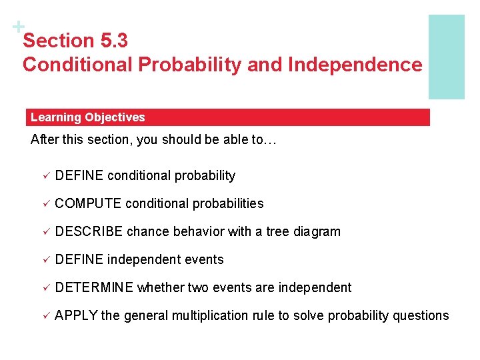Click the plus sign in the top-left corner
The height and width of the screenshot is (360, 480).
coord(15,27)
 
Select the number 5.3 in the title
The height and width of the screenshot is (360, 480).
coord(113,41)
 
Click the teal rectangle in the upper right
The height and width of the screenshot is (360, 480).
coord(446,57)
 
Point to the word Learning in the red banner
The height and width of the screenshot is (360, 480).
coord(55,117)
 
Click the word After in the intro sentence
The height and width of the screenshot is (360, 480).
coord(45,141)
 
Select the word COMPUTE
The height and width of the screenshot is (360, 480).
coord(88,203)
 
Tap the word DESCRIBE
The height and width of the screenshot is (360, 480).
coord(89,231)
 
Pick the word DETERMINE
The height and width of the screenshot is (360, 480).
coord(94,287)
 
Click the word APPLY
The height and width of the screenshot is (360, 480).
coord(76,315)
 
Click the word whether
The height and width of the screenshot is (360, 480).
coord(161,287)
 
